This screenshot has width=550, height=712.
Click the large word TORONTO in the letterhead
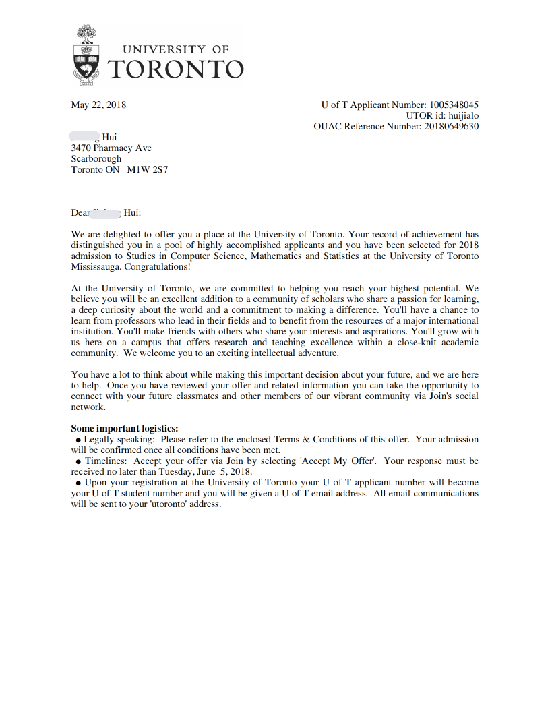(175, 69)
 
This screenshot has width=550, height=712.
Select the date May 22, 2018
(98, 105)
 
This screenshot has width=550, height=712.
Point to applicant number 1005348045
(454, 105)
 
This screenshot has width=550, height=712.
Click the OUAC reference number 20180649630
(450, 126)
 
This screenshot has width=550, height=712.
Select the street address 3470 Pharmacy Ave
(111, 148)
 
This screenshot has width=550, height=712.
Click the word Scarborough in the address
(96, 158)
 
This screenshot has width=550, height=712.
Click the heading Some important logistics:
(125, 428)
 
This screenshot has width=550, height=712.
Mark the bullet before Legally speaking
(78, 440)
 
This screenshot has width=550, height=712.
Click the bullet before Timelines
(78, 461)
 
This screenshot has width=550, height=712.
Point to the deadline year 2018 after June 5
(240, 471)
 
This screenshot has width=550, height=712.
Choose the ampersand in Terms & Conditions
(306, 439)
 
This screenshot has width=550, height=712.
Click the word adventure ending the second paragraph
(315, 353)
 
